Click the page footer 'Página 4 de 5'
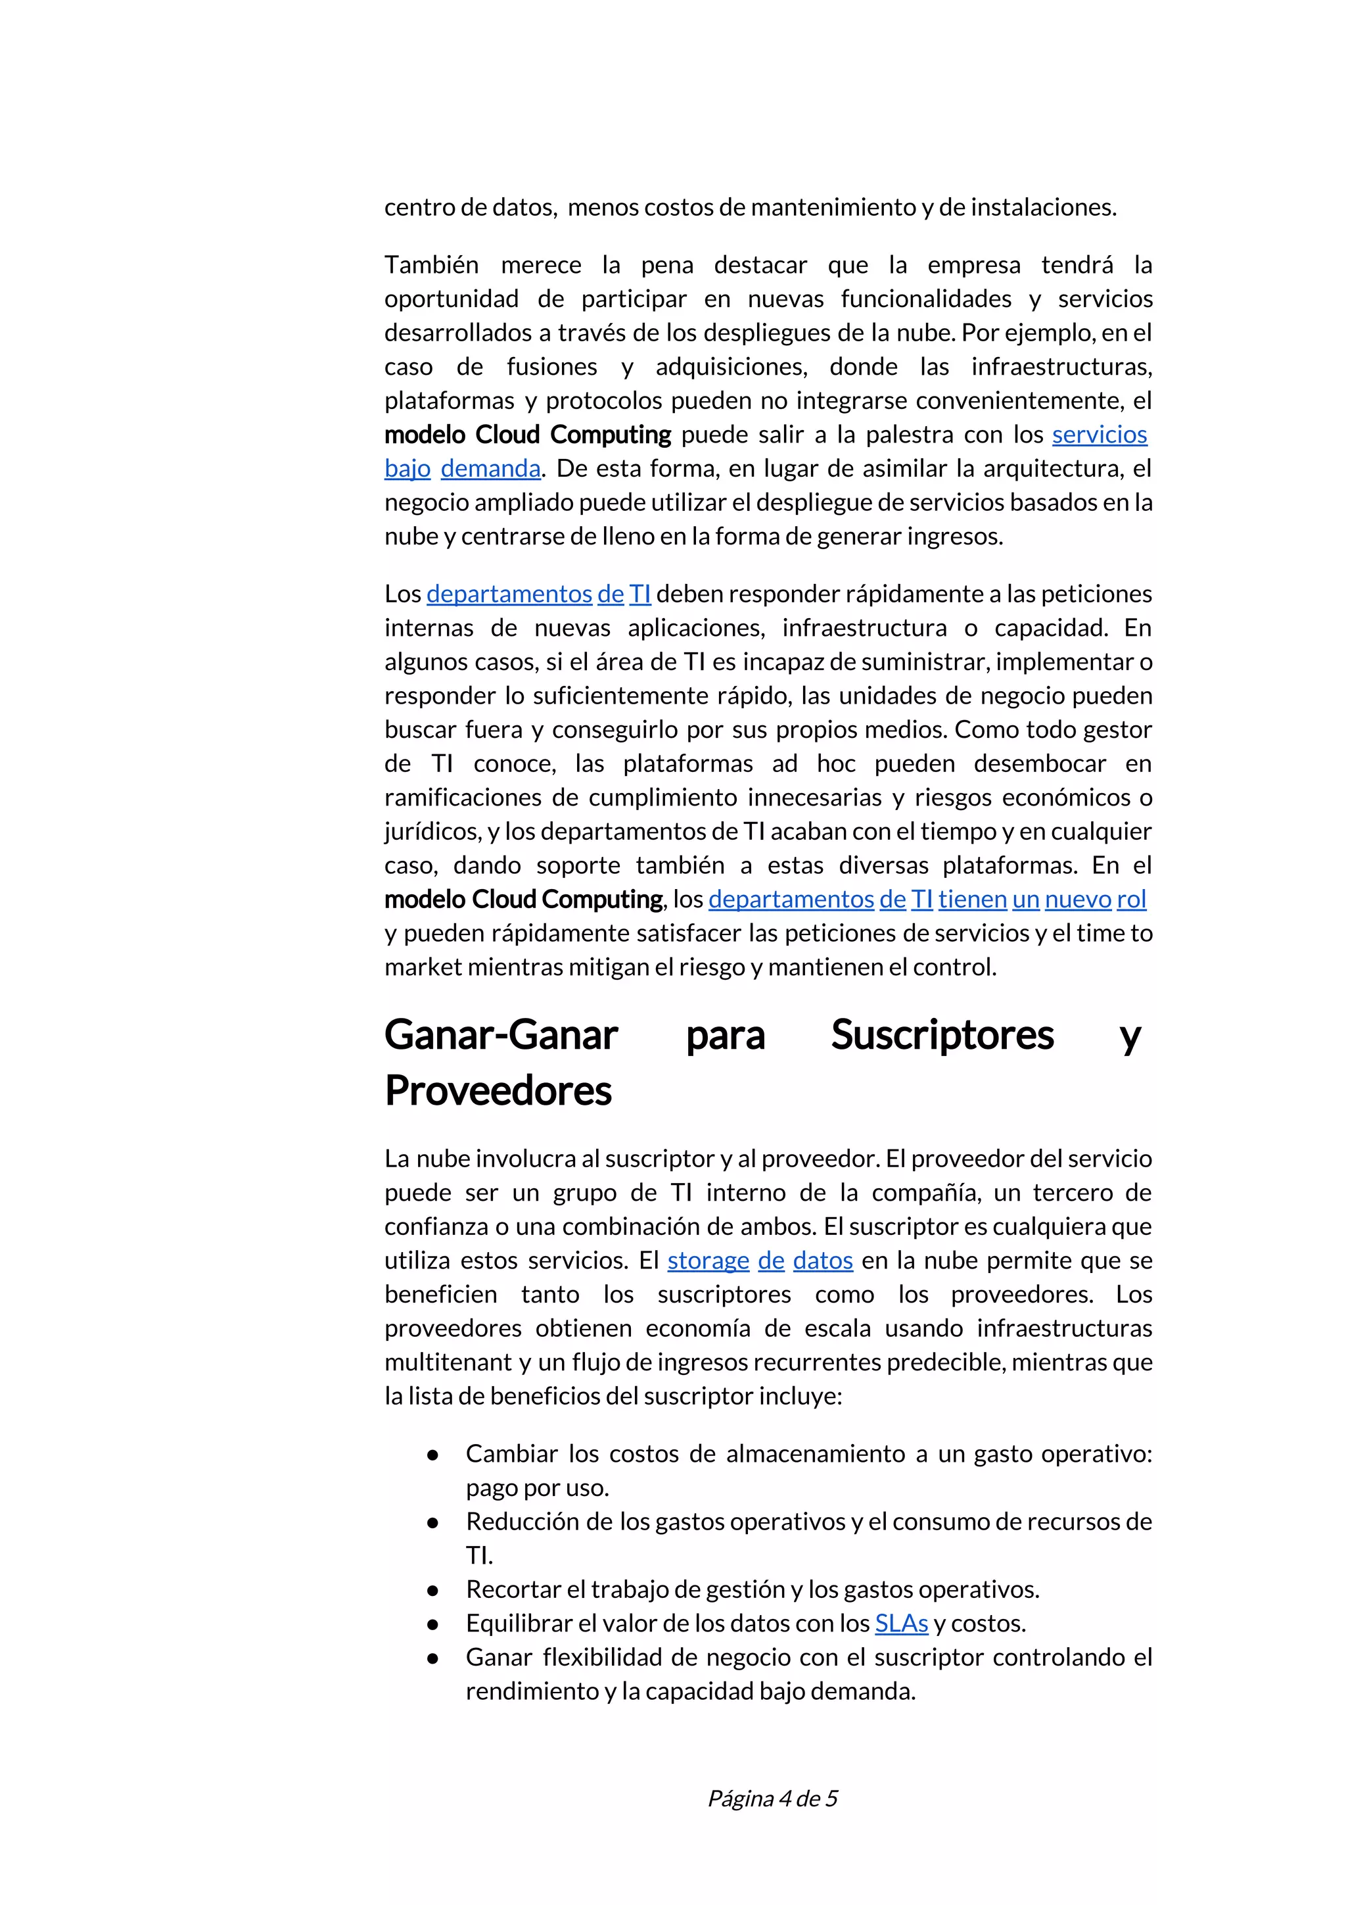772,1798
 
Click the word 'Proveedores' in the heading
498,1090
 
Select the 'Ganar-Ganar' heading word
501,1034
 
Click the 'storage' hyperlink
707,1261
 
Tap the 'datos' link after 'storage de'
823,1261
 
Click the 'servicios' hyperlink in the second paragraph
1099,435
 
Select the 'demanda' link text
490,469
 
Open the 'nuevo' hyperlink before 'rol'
1077,900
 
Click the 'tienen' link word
972,900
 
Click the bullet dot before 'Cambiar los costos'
432,1455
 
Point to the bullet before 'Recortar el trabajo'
432,1590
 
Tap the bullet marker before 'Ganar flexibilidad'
432,1658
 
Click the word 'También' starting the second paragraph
431,266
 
